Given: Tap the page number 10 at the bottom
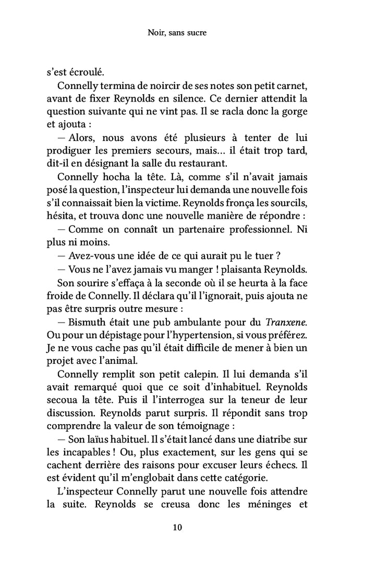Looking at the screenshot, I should (x=177, y=527).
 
